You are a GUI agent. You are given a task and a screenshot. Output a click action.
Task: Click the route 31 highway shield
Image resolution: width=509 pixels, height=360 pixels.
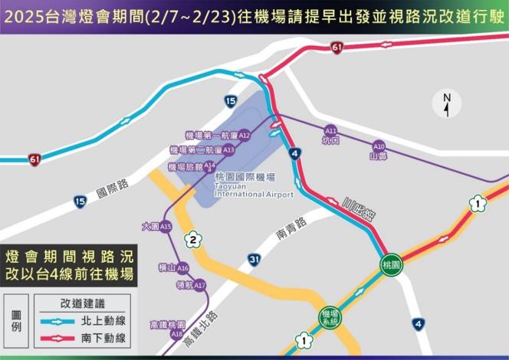point(254,259)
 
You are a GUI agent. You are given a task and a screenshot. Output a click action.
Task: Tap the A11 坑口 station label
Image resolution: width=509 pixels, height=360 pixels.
point(331,135)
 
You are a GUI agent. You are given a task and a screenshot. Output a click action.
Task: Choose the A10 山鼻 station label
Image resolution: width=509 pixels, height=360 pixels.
point(378,150)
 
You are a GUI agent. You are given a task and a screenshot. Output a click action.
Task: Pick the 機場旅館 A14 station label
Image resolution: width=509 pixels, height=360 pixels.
point(192,165)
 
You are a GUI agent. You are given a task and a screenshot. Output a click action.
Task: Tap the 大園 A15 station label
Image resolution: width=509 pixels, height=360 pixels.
point(156,227)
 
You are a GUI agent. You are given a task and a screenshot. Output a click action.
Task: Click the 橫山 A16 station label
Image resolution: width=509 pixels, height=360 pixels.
point(172,268)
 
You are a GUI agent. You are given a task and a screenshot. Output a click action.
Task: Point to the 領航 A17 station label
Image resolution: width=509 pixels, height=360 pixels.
point(190,286)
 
